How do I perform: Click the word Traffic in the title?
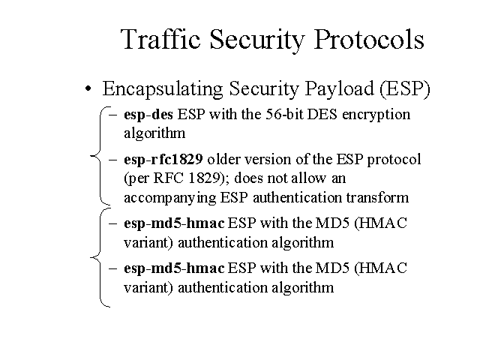coord(160,39)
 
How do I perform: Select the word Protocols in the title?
coord(369,39)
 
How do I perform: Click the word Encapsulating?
coord(163,89)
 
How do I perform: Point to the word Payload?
coord(340,89)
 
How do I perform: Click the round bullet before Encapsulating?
coord(88,89)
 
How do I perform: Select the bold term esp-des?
coord(148,115)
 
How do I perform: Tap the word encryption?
coord(376,115)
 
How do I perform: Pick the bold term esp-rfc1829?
coord(163,160)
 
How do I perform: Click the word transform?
coord(377,197)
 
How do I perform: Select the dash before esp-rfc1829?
coord(113,160)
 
